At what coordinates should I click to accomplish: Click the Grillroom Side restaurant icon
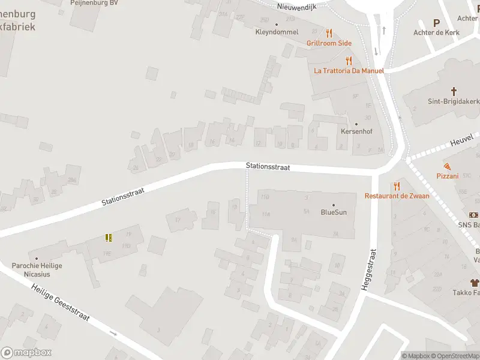click(x=329, y=33)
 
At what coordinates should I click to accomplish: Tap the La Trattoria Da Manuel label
click(x=349, y=70)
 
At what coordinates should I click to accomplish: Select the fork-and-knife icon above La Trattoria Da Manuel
click(x=349, y=60)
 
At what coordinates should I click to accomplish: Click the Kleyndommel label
click(x=277, y=32)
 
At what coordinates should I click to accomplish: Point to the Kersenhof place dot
click(x=358, y=122)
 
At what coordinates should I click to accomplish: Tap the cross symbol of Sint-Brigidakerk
click(x=454, y=92)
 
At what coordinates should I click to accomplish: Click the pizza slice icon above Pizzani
click(x=448, y=166)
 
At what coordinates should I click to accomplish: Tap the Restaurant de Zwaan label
click(x=397, y=196)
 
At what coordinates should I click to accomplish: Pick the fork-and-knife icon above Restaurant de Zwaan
click(x=397, y=186)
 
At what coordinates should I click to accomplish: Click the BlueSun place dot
click(x=334, y=204)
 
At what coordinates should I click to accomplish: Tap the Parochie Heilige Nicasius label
click(x=37, y=270)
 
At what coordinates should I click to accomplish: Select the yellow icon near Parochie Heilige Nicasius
click(x=109, y=238)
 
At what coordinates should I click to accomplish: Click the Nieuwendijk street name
click(x=296, y=7)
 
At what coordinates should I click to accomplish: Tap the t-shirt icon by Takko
click(x=475, y=282)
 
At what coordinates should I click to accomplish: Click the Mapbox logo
click(x=26, y=353)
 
